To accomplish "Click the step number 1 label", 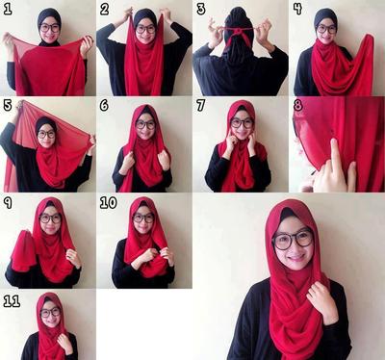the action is (7, 9).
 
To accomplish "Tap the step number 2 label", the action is (104, 9).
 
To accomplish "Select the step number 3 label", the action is (201, 9).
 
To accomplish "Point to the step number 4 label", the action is (298, 9).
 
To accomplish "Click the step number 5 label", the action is (8, 105).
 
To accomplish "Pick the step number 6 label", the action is (104, 105).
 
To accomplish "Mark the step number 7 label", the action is (201, 105).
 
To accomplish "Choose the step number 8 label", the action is (298, 105).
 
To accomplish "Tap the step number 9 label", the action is (8, 203).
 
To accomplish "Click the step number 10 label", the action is (109, 203).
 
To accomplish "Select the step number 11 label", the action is (12, 301).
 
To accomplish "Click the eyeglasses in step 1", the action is (50, 28).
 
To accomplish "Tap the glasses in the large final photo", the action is (293, 240).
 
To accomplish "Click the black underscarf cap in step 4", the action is (325, 17).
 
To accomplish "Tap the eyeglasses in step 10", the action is (143, 219).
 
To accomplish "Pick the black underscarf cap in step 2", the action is (145, 16).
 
